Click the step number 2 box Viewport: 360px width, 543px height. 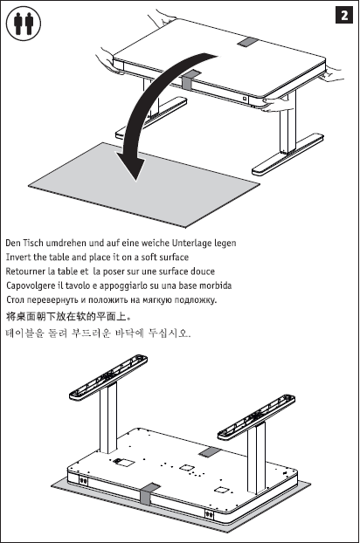[x=344, y=15]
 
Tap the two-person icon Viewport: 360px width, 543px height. [x=24, y=24]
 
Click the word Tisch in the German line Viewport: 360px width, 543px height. [x=33, y=243]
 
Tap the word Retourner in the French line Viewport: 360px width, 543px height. [x=25, y=271]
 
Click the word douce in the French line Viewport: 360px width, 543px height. [x=203, y=271]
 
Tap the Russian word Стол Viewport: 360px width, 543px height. [x=15, y=299]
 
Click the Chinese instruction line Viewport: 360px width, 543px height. [x=69, y=316]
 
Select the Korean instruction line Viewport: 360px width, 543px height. [x=98, y=333]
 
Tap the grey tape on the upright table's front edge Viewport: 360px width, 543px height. [x=190, y=80]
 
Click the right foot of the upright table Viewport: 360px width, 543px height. [x=288, y=154]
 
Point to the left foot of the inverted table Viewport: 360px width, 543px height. [x=108, y=377]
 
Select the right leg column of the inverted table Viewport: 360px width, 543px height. [x=256, y=457]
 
